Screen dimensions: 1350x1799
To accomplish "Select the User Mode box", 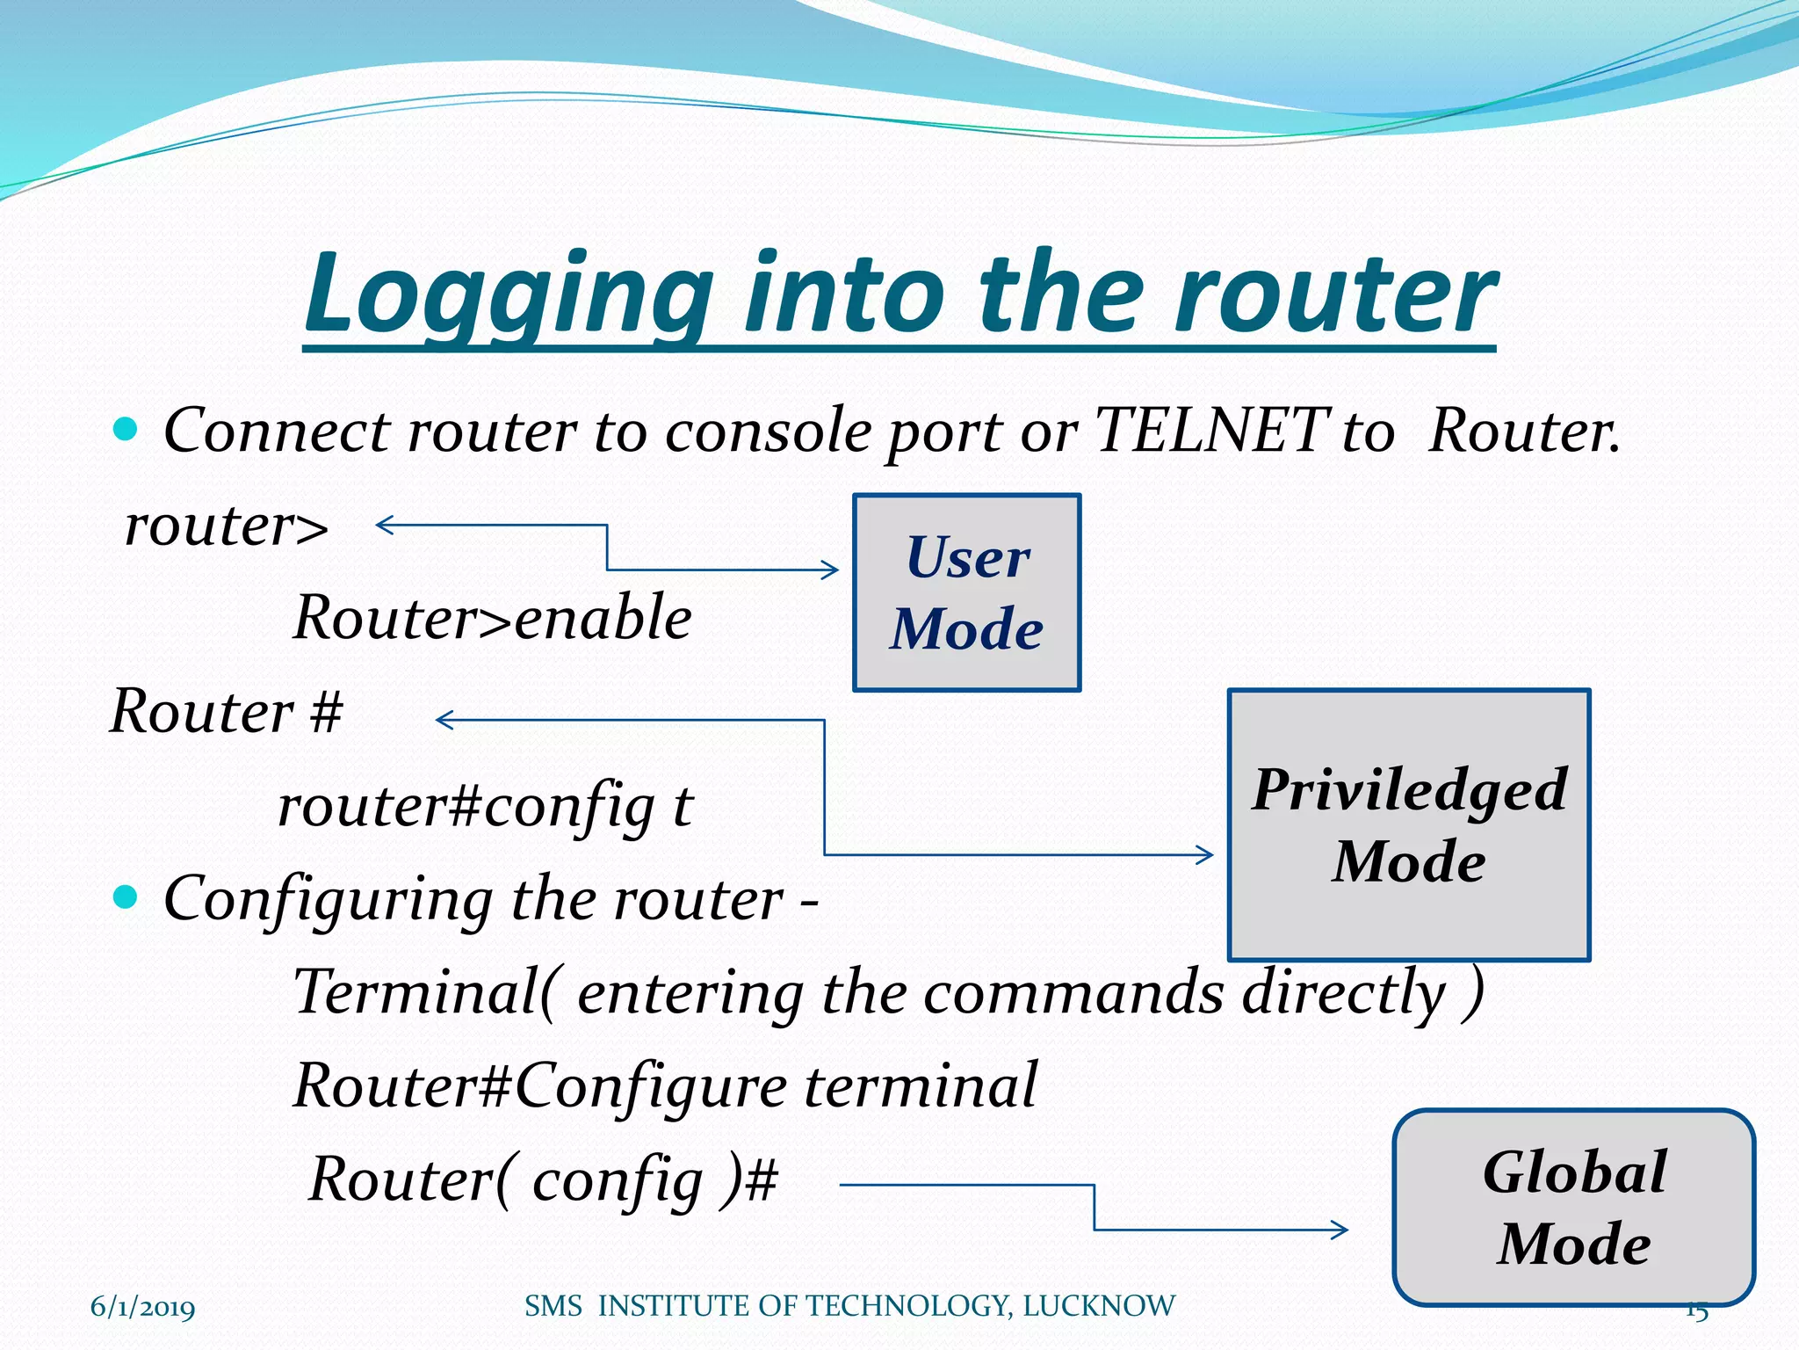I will click(x=966, y=592).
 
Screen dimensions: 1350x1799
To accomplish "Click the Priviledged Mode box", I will click(x=1409, y=824).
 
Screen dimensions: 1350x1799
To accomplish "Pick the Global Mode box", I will click(x=1573, y=1208).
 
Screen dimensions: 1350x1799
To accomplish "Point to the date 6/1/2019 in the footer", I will click(x=142, y=1307).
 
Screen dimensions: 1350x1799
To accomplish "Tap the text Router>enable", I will click(x=493, y=617).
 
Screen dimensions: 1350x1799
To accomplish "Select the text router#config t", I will click(x=485, y=805).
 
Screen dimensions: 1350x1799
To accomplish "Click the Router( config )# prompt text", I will click(x=543, y=1179).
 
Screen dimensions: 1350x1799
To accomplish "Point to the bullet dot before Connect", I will click(x=126, y=430).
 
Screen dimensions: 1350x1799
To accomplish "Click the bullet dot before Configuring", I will click(x=126, y=897).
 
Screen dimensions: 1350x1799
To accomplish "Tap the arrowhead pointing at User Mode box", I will click(x=831, y=570).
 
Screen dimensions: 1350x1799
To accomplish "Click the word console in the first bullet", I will click(x=768, y=431).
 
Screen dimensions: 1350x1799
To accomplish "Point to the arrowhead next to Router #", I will click(x=444, y=721).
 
